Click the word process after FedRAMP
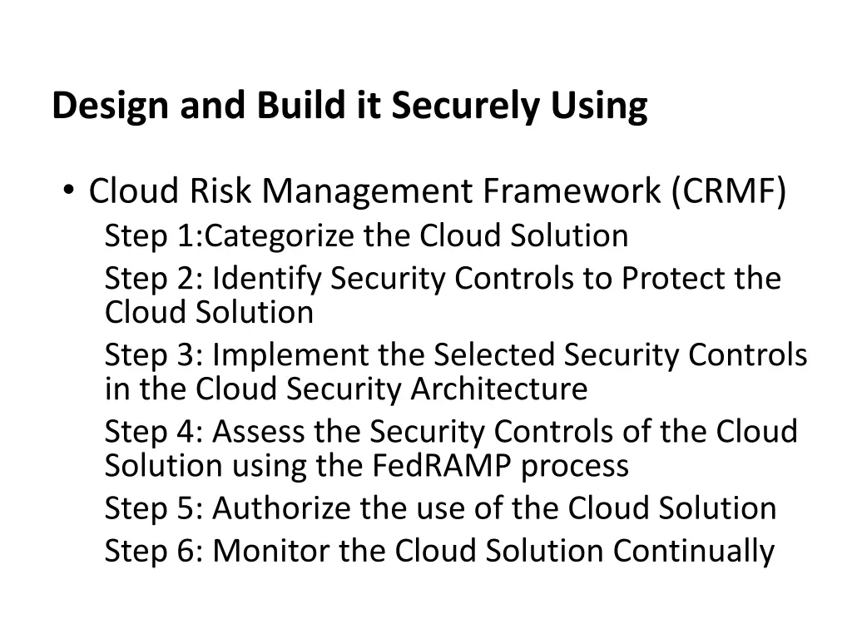coord(575,465)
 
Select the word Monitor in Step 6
coord(268,551)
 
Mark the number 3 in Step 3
coord(185,355)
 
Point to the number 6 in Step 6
coord(185,551)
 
